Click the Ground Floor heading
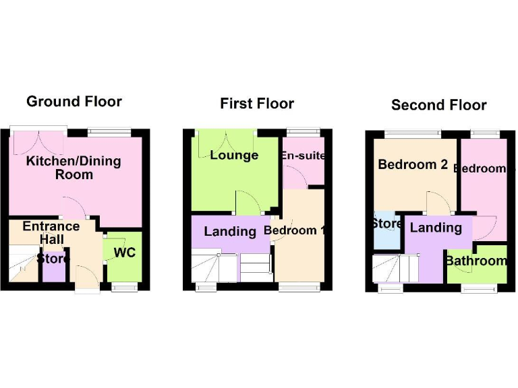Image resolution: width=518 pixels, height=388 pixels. [x=74, y=102]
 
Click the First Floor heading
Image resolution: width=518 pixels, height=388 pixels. [x=257, y=104]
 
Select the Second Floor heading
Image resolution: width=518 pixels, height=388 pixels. [x=438, y=105]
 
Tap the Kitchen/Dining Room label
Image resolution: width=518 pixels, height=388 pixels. [x=74, y=168]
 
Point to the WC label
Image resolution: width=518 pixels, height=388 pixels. [x=125, y=253]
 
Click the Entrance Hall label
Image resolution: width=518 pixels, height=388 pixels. [x=51, y=233]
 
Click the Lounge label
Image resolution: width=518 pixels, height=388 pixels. [x=234, y=156]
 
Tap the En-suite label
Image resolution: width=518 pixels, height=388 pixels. [x=304, y=156]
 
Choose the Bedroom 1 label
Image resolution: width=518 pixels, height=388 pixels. [x=295, y=230]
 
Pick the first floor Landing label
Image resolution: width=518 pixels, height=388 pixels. [x=230, y=232]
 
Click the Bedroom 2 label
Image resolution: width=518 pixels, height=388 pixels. [x=413, y=164]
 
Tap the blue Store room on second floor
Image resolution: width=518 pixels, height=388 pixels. [x=387, y=232]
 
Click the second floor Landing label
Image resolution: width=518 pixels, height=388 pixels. [x=436, y=228]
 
